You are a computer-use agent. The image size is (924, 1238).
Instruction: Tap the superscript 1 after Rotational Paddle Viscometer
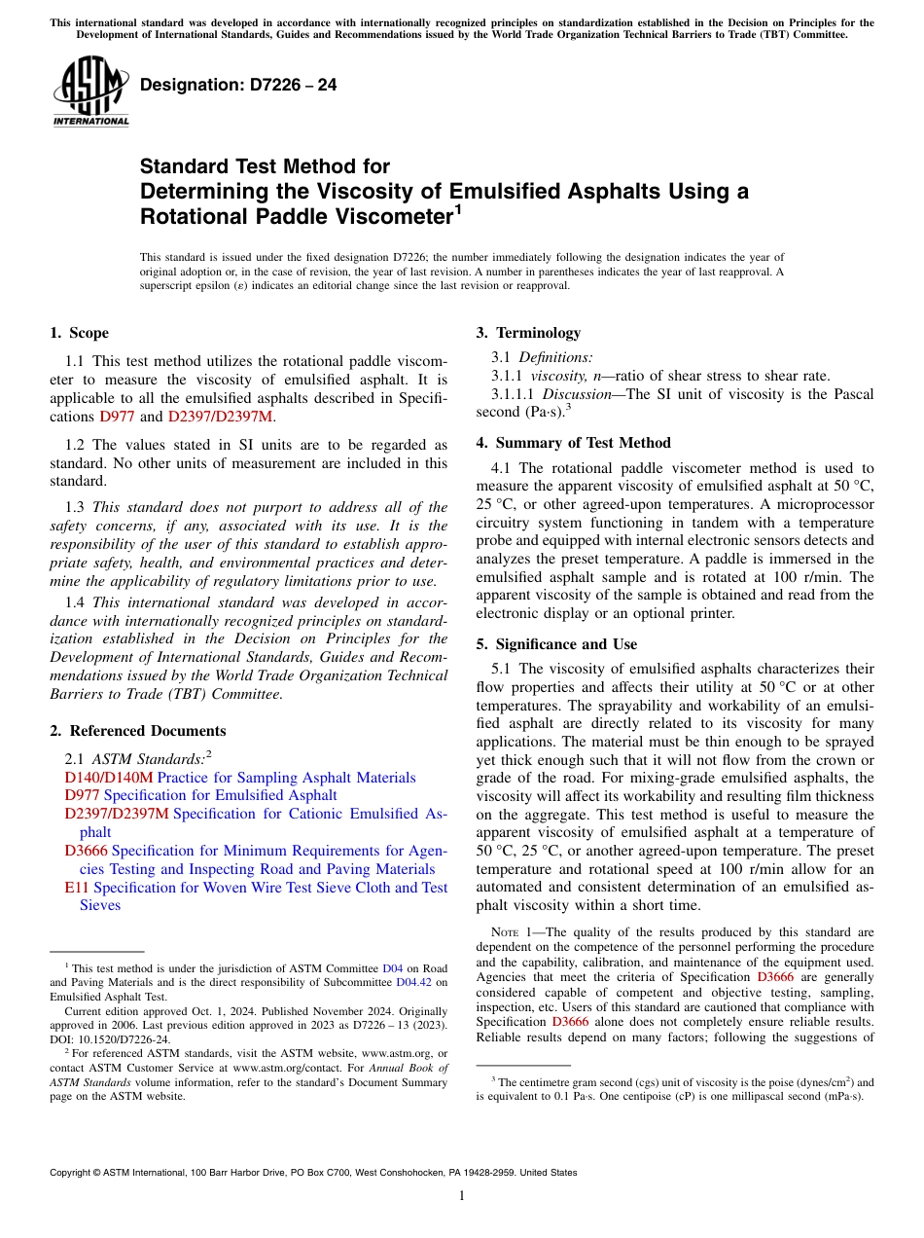click(458, 208)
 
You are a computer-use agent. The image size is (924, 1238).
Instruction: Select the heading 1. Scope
click(79, 333)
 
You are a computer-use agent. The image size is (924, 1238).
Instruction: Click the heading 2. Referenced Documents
click(137, 731)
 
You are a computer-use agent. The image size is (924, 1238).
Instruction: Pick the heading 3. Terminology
click(528, 333)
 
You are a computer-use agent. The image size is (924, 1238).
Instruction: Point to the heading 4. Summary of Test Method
click(573, 443)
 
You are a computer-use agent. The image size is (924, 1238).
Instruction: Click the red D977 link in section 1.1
click(118, 418)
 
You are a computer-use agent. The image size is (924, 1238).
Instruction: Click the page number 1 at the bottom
click(462, 1196)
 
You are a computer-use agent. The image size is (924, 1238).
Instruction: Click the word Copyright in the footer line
click(73, 1173)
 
